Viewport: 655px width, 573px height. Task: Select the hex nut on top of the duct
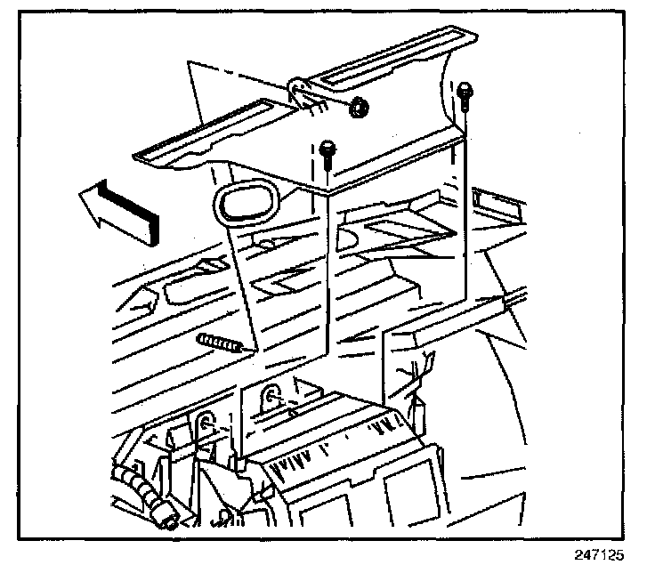tap(360, 108)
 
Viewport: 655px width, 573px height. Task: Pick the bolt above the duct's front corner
tap(327, 153)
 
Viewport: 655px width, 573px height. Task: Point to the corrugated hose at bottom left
tap(142, 494)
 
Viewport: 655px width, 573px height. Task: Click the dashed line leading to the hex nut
tap(329, 100)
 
